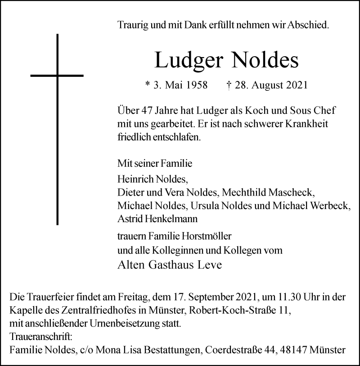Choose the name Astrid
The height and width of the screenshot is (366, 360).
pyautogui.click(x=128, y=219)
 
